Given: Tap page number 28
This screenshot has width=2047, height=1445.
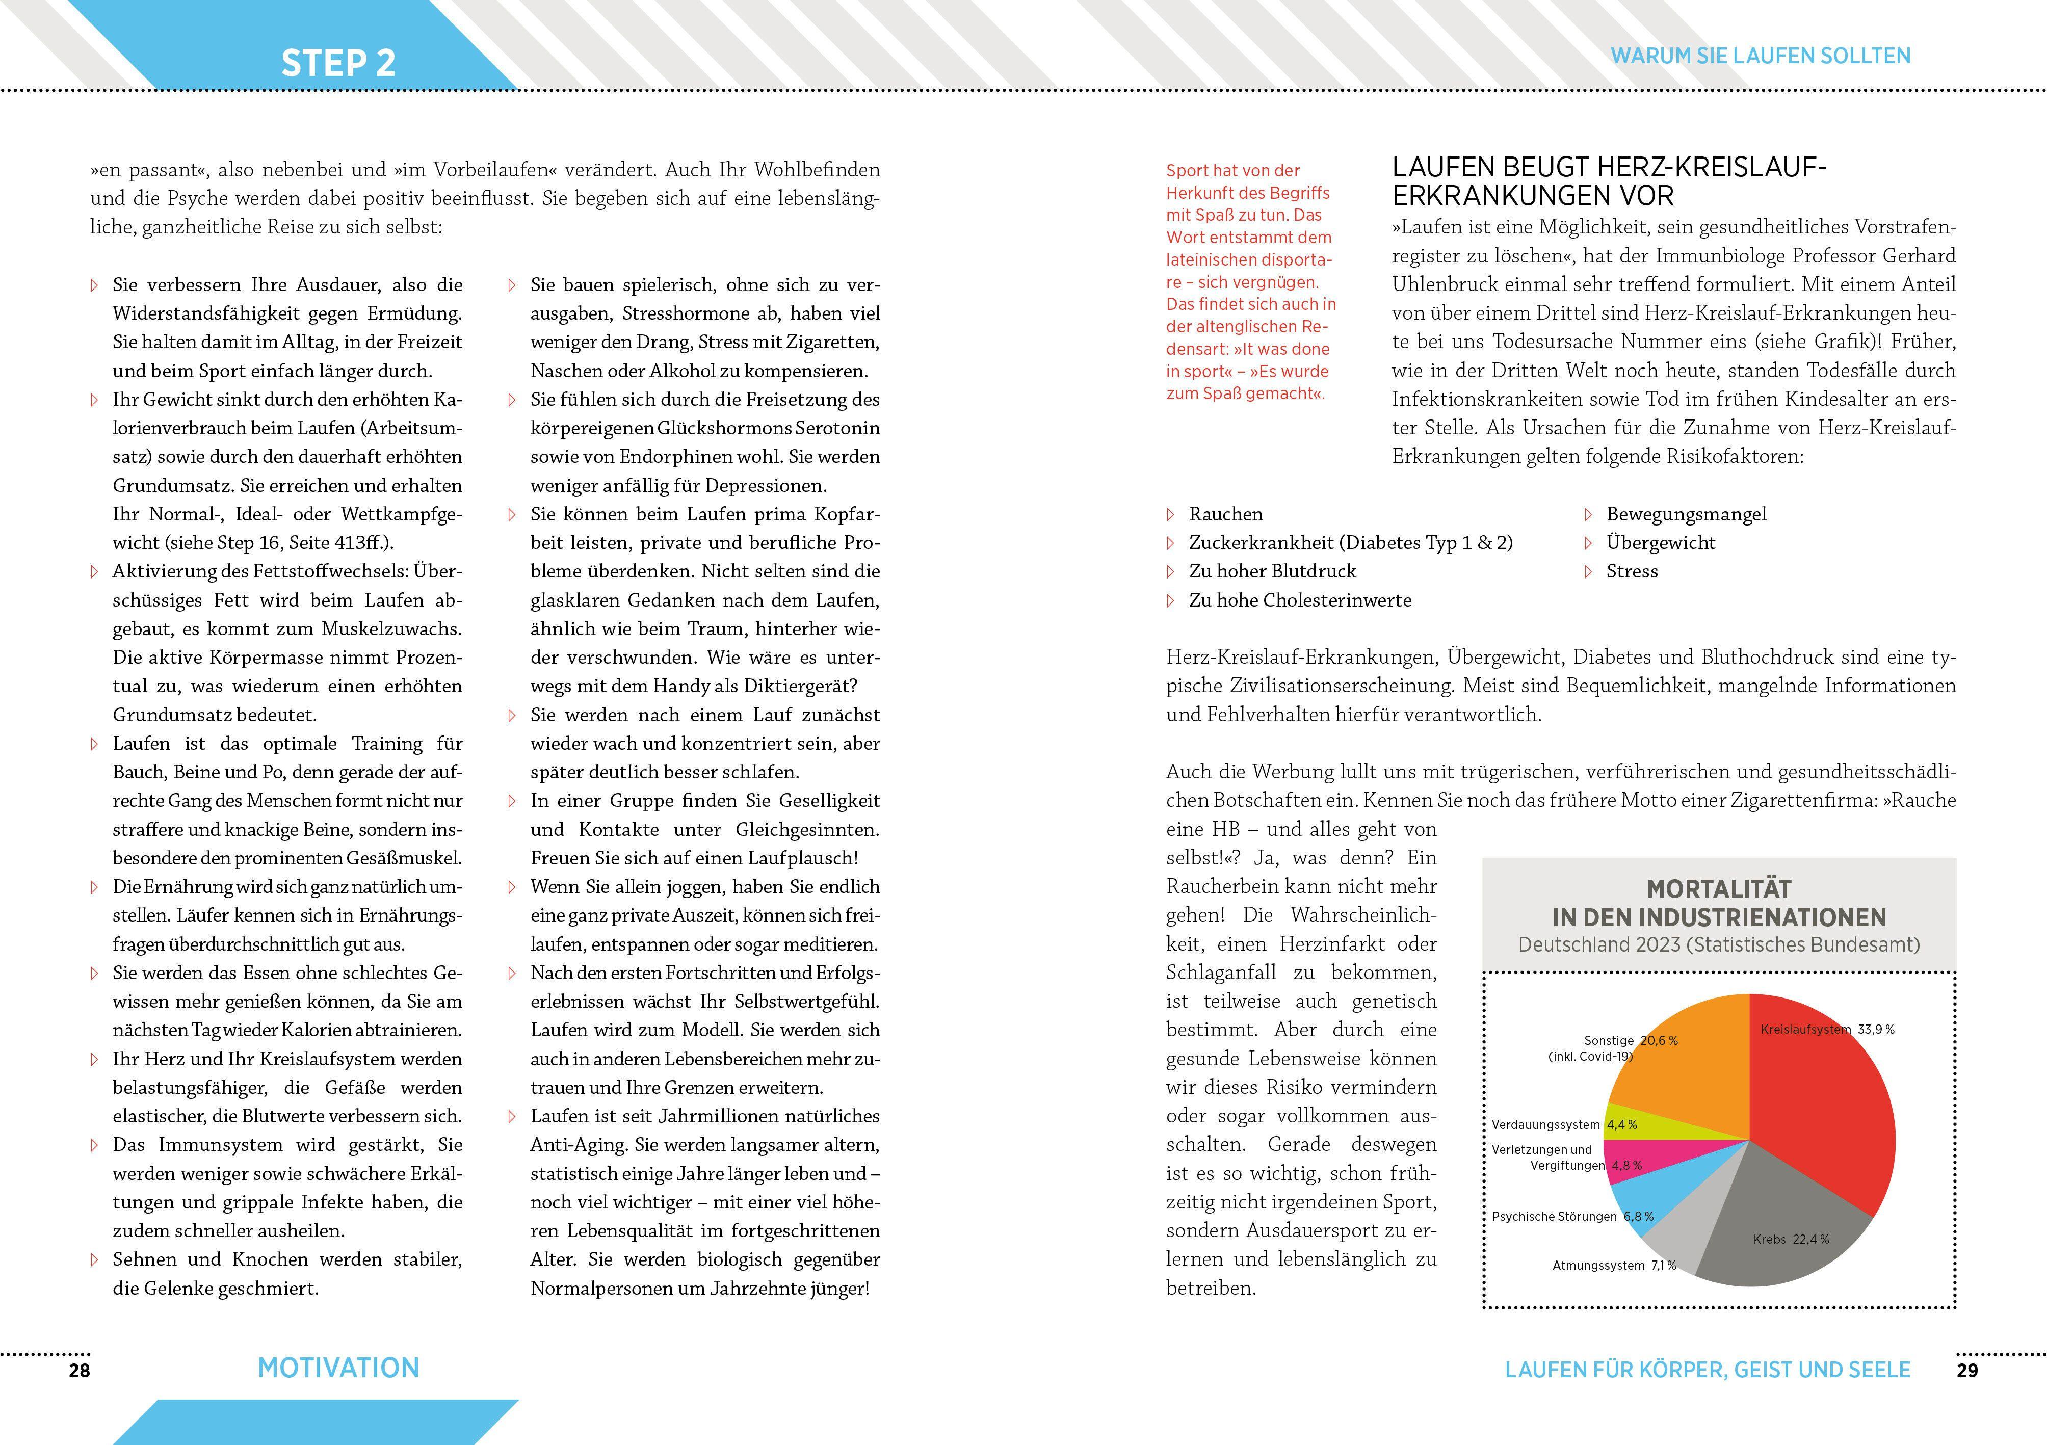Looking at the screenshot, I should [x=80, y=1370].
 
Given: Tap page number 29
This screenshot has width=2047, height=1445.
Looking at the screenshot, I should [x=1967, y=1370].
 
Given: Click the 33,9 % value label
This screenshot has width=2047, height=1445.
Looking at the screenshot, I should [x=1876, y=1029].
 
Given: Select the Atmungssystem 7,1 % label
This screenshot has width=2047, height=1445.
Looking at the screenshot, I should [x=1614, y=1265].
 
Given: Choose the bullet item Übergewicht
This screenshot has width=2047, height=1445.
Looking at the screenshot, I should [x=1660, y=543].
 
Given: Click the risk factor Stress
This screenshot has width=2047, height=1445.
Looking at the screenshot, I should [x=1632, y=571].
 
